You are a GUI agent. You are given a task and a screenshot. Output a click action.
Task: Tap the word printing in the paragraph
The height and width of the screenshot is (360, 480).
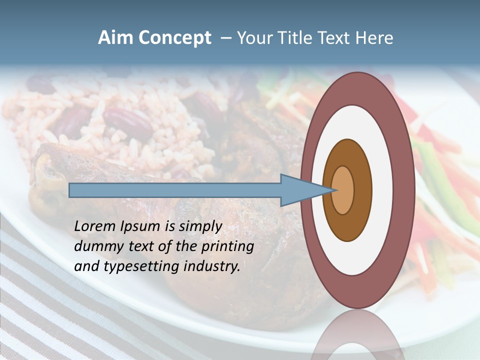(x=227, y=246)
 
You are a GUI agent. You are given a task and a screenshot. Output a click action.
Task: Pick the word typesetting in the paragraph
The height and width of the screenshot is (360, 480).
(x=133, y=266)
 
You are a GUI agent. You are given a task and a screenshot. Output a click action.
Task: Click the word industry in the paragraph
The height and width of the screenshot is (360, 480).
(x=212, y=266)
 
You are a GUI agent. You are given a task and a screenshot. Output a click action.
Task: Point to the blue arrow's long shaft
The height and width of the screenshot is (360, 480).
(x=175, y=190)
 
